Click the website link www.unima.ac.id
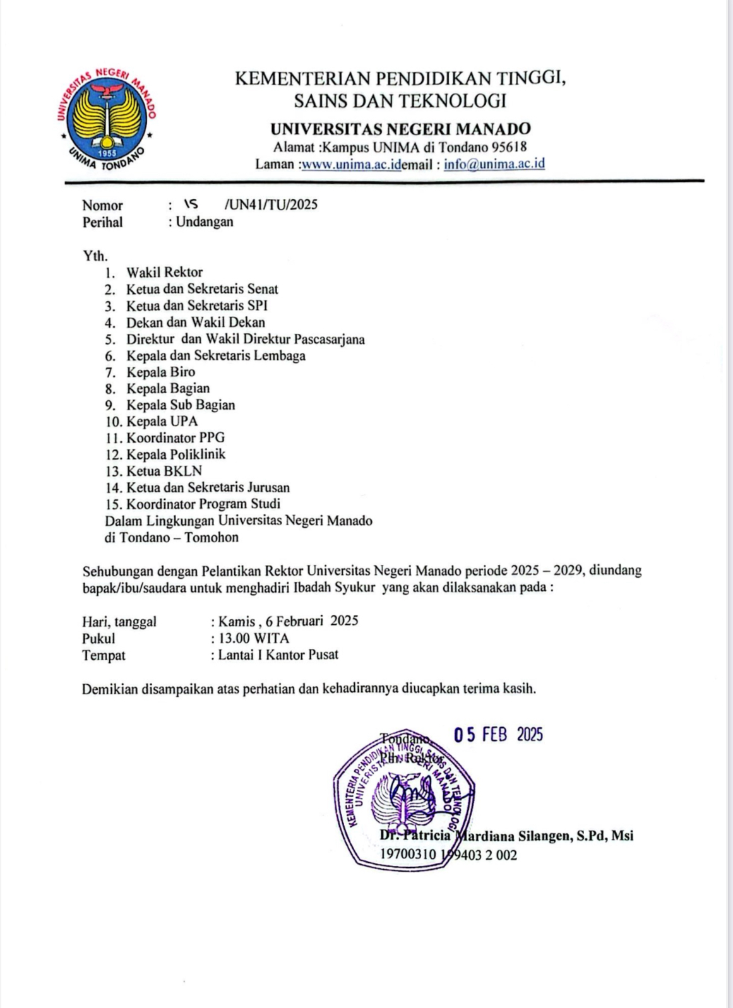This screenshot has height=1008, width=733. [x=351, y=165]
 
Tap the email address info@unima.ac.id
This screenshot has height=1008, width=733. [x=494, y=164]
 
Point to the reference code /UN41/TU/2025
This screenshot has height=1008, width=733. [x=271, y=205]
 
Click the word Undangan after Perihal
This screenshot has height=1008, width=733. [x=205, y=222]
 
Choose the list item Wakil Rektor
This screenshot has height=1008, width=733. [x=164, y=273]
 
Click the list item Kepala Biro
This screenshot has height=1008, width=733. [x=160, y=372]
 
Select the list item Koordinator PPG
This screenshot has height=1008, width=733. [x=175, y=438]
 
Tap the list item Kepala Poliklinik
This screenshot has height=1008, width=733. [x=176, y=454]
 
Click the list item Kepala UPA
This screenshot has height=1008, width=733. [x=162, y=422]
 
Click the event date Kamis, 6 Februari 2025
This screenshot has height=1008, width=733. [x=288, y=621]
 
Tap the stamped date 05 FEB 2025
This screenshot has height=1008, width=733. [x=498, y=735]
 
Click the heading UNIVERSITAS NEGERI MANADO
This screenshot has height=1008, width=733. [x=400, y=129]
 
